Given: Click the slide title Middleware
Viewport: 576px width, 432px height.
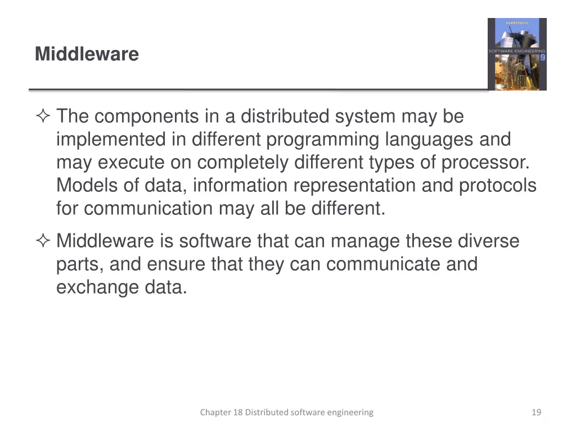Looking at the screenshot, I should pos(87,55).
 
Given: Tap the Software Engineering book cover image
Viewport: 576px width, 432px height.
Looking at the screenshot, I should pos(516,54).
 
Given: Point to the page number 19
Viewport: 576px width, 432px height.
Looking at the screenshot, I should pos(536,412).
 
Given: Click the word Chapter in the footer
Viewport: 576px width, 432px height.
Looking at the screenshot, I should pos(215,412).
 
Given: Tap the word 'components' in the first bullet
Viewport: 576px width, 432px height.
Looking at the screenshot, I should pos(146,117).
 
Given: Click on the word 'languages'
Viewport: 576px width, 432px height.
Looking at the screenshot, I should pos(431,140).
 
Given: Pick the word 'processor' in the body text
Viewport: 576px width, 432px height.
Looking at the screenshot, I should pos(484,163).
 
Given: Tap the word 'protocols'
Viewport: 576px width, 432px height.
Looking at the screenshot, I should pos(498,186).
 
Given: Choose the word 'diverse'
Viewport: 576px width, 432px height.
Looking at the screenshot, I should pos(488,241).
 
